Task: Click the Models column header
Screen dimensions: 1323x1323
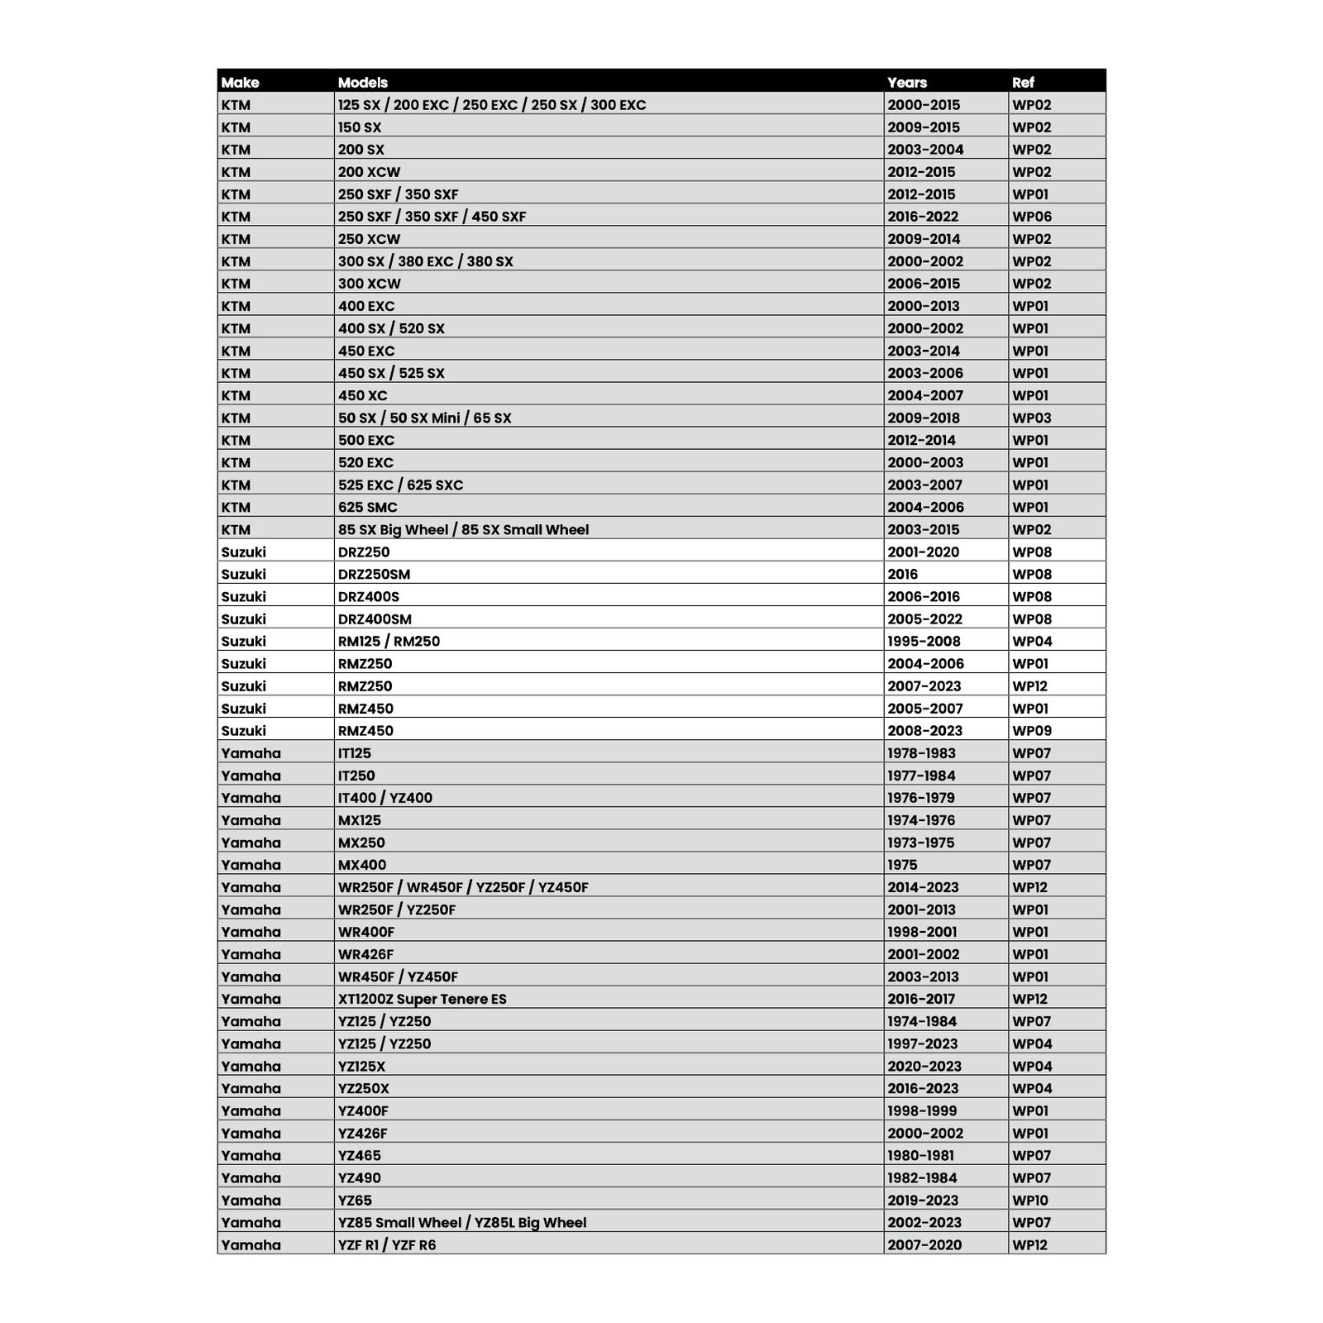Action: point(363,82)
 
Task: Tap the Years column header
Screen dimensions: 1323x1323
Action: point(907,82)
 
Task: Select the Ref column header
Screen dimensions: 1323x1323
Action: point(1023,82)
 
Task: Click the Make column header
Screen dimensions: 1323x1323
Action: point(240,82)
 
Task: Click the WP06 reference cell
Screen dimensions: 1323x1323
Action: point(1032,217)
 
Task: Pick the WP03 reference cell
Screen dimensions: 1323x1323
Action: point(1032,418)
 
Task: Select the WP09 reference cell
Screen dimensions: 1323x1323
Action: point(1032,730)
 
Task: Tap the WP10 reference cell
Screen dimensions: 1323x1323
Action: point(1030,1200)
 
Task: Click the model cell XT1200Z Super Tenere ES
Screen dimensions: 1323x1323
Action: point(422,999)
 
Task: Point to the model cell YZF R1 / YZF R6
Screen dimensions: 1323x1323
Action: point(386,1244)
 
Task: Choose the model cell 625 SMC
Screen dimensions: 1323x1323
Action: point(367,507)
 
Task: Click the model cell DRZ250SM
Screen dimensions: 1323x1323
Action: point(374,574)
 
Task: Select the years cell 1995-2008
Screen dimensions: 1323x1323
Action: point(924,641)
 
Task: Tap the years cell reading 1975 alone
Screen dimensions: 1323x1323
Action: point(902,865)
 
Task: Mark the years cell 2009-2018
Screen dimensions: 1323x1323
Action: point(924,418)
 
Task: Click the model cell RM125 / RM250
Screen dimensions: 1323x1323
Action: point(389,641)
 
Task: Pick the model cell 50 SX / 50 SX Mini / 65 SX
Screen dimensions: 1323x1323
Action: point(424,418)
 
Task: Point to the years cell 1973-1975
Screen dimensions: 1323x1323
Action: point(920,843)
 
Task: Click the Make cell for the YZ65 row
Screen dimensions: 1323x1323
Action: point(251,1200)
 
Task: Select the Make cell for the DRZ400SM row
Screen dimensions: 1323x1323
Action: point(243,619)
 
